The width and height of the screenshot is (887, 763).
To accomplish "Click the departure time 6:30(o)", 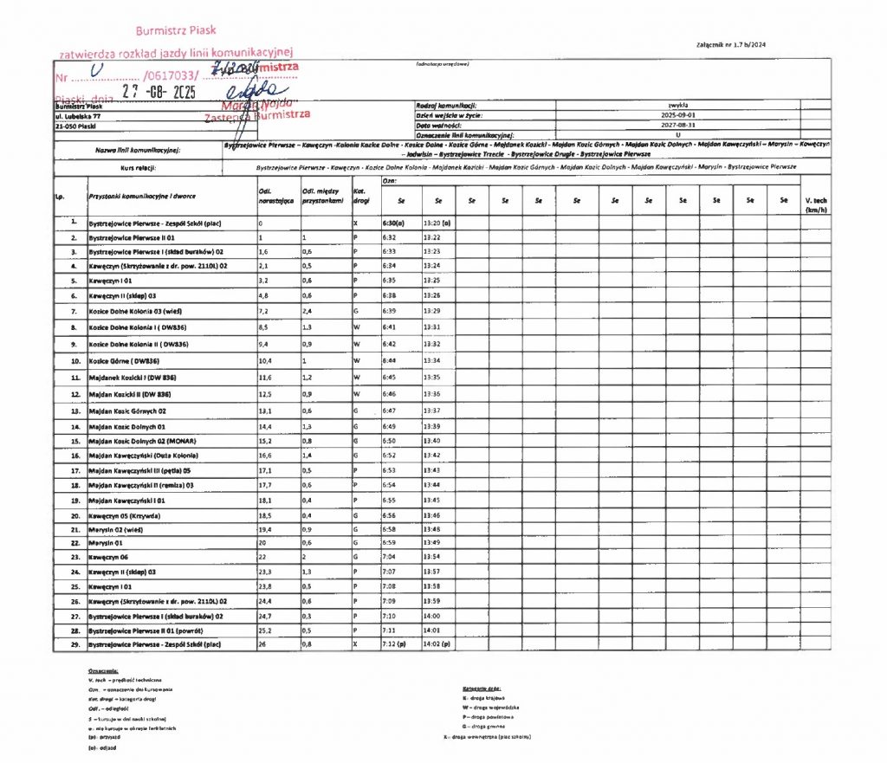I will point(395,223).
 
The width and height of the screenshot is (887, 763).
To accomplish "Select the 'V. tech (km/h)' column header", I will point(815,205).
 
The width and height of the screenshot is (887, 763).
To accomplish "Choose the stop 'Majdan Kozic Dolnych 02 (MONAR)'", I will point(143,441).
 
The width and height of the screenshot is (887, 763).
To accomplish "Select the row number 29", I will point(74,645).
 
